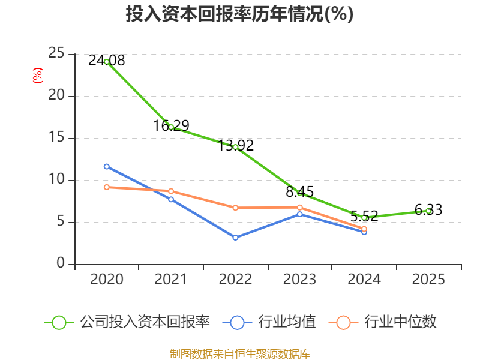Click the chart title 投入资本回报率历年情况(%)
click(239, 14)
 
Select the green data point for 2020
click(107, 62)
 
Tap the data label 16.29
click(171, 125)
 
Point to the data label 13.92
click(236, 145)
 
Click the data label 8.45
click(299, 191)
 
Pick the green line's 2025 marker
click(428, 211)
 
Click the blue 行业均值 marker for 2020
click(107, 167)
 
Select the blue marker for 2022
click(235, 238)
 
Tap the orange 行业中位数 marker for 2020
click(107, 187)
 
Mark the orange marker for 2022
click(235, 208)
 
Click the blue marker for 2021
click(171, 199)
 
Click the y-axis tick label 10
click(56, 179)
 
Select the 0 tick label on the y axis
click(61, 263)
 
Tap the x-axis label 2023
click(299, 279)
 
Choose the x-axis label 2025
click(428, 279)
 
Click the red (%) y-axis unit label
click(38, 76)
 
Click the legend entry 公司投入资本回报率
click(127, 322)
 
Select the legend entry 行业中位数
click(382, 322)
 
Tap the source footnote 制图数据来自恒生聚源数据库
click(239, 354)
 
